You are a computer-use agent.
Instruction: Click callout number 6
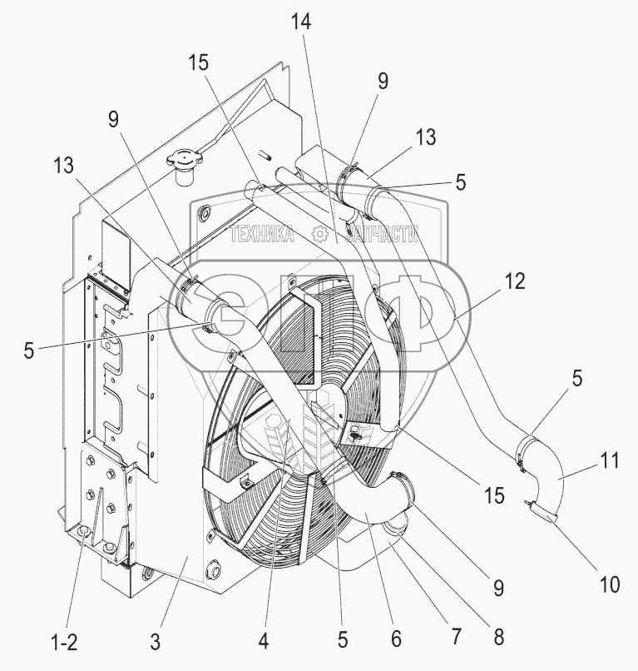396,639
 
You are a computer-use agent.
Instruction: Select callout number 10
611,585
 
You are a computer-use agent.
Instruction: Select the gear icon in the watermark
319,235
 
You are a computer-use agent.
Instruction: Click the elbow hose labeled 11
550,483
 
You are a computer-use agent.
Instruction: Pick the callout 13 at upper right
427,137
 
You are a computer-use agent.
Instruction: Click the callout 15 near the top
198,62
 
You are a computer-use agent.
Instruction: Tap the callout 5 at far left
29,351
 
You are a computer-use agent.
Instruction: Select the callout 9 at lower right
498,589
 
